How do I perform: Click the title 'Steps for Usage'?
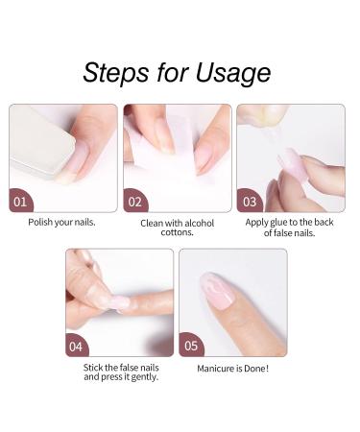tap(177, 73)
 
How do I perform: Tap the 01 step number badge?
tap(21, 203)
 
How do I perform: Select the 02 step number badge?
tap(135, 203)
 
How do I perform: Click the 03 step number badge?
tap(249, 203)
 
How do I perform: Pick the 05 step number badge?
tap(191, 346)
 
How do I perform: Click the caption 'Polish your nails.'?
tap(62, 223)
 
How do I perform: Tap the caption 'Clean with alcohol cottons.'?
tap(178, 228)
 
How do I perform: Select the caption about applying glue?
tap(291, 228)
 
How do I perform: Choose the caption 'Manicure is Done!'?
tap(232, 368)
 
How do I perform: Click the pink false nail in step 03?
tap(293, 160)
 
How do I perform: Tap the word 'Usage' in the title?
tap(228, 73)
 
